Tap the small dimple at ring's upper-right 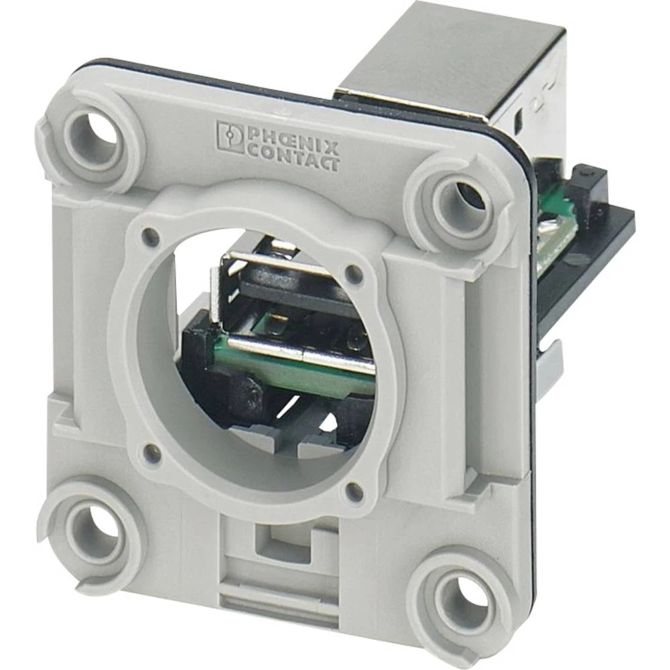tap(353, 273)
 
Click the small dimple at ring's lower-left tap(149, 450)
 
